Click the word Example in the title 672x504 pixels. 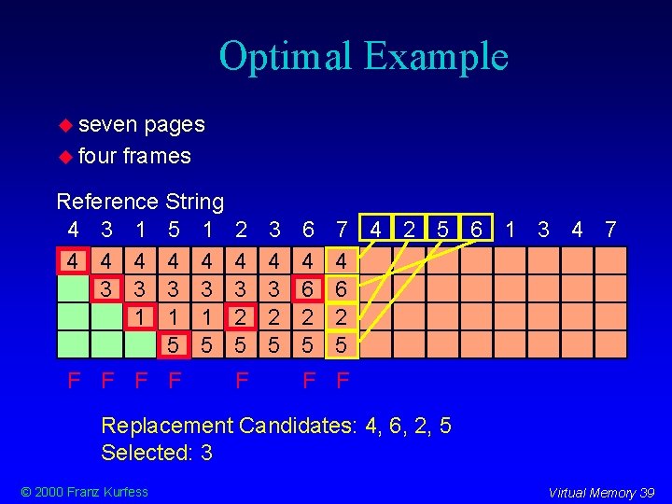coord(436,57)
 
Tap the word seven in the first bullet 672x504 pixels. coord(107,124)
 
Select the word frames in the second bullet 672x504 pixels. coord(157,156)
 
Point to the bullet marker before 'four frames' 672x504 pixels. coord(66,156)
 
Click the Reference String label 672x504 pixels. coord(140,201)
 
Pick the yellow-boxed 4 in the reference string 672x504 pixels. coord(376,229)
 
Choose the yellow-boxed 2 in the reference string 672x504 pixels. coord(409,229)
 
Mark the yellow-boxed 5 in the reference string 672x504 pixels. coord(442,229)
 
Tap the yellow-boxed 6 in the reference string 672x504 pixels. coord(476,229)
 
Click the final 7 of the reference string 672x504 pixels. coord(610,230)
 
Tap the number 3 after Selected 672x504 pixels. coord(206,453)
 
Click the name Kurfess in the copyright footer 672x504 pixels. coord(123,492)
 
